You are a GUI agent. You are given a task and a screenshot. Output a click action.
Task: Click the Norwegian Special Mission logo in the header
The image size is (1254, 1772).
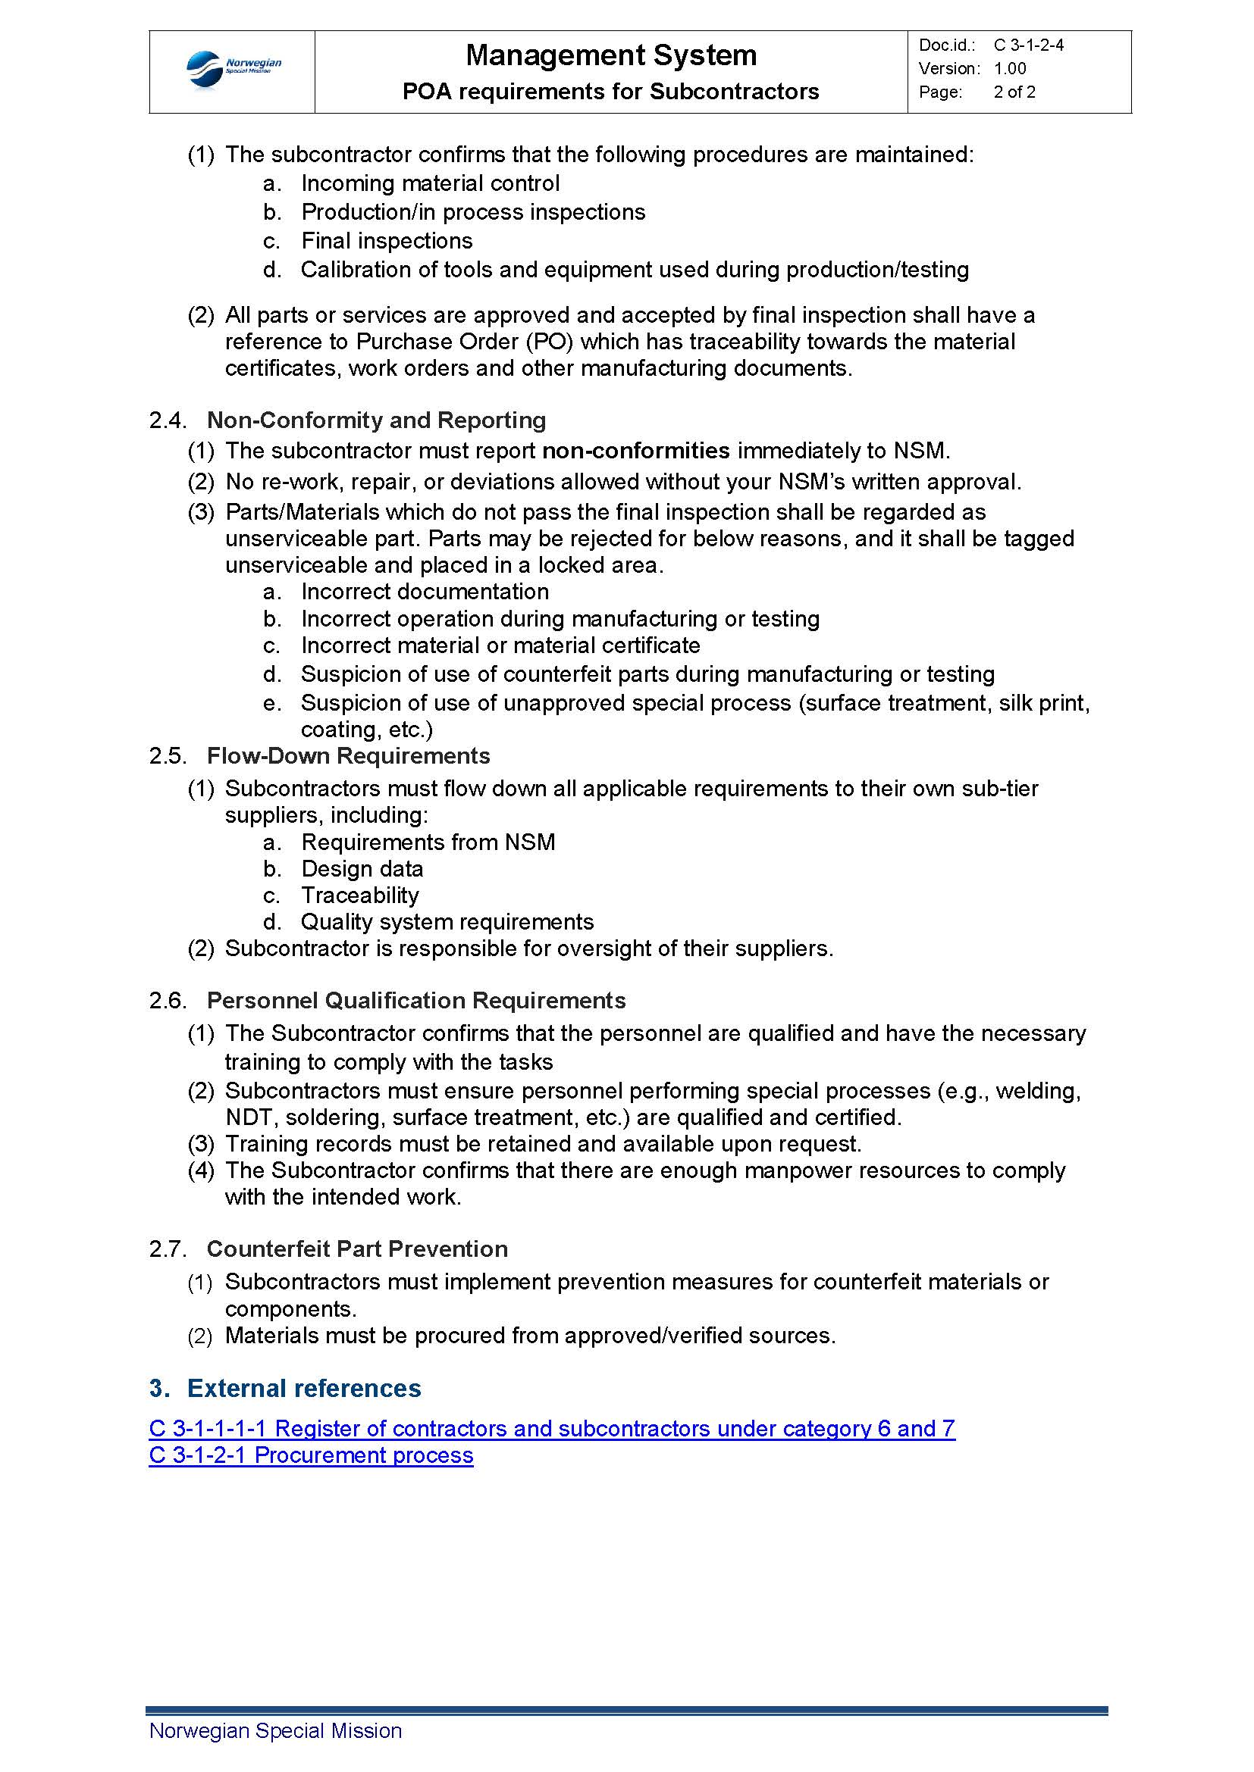pyautogui.click(x=234, y=70)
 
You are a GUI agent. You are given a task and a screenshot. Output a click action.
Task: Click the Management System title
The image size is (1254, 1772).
pyautogui.click(x=611, y=55)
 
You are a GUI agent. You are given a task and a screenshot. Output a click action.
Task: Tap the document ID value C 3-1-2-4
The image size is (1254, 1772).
pyautogui.click(x=1029, y=45)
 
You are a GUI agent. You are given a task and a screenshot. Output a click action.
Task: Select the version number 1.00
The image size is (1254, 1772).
pyautogui.click(x=1010, y=69)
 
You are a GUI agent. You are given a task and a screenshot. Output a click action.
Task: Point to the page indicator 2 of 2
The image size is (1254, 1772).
pyautogui.click(x=1014, y=92)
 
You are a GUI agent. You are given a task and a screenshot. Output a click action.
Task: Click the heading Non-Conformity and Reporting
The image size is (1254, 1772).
pyautogui.click(x=376, y=420)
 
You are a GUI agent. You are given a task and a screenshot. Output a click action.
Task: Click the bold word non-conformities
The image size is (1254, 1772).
pyautogui.click(x=636, y=451)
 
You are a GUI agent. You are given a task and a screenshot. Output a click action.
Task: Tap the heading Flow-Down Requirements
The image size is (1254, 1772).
pyautogui.click(x=348, y=755)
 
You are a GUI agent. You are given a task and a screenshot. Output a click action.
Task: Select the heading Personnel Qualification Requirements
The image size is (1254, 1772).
pyautogui.click(x=416, y=1000)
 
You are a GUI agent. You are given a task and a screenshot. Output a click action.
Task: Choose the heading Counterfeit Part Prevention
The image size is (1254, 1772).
pyautogui.click(x=358, y=1249)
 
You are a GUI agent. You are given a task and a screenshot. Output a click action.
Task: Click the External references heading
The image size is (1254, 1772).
pyautogui.click(x=304, y=1389)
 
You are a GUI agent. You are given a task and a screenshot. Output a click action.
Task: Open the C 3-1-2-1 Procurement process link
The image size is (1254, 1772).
pyautogui.click(x=311, y=1455)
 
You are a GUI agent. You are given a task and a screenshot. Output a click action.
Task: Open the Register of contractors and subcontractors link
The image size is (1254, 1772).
pyautogui.click(x=552, y=1429)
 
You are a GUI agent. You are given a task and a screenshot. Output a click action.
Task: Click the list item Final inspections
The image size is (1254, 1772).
pyautogui.click(x=387, y=241)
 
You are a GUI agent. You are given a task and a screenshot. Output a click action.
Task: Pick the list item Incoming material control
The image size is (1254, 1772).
pyautogui.click(x=430, y=183)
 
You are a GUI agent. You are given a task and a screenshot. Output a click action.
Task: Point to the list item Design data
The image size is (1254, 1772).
pyautogui.click(x=362, y=869)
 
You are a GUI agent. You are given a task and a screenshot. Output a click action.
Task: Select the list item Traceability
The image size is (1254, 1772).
pyautogui.click(x=360, y=895)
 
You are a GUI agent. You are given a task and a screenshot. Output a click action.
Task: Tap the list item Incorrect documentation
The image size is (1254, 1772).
pyautogui.click(x=425, y=592)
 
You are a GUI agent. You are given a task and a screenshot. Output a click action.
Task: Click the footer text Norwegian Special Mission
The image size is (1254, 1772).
pyautogui.click(x=276, y=1731)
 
